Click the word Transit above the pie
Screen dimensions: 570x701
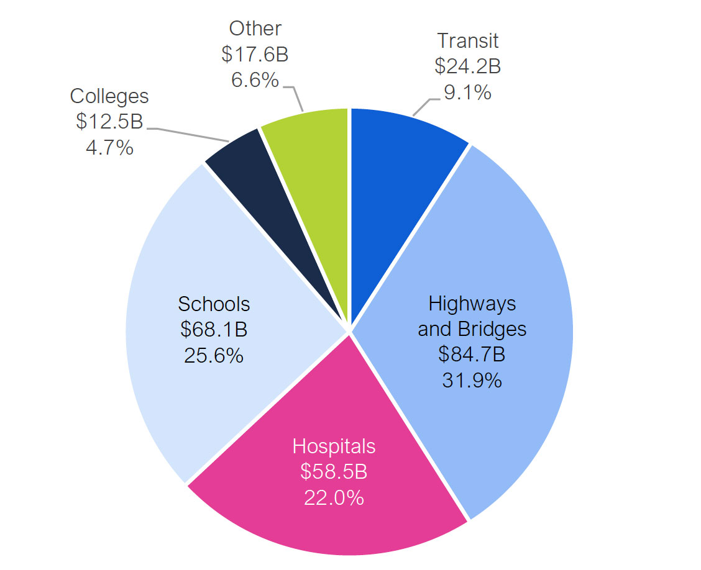pos(467,41)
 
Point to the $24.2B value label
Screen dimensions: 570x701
pos(467,66)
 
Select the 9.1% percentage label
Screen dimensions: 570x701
pos(467,92)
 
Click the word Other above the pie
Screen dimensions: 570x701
pos(255,29)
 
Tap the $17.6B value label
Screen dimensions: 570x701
pos(255,54)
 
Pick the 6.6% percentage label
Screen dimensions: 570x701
pos(255,79)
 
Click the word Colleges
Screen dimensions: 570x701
pos(109,96)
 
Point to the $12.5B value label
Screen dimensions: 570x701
pos(109,122)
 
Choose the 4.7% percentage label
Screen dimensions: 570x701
pos(109,147)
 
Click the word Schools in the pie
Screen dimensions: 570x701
pos(214,304)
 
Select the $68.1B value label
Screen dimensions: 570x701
pos(214,330)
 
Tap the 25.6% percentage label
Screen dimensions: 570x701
pos(214,355)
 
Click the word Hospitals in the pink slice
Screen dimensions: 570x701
pos(334,446)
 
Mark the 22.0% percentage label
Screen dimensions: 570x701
pos(334,497)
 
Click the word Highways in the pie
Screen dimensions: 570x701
pos(472,304)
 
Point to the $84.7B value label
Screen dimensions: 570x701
pos(472,355)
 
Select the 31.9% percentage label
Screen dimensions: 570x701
pos(472,380)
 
